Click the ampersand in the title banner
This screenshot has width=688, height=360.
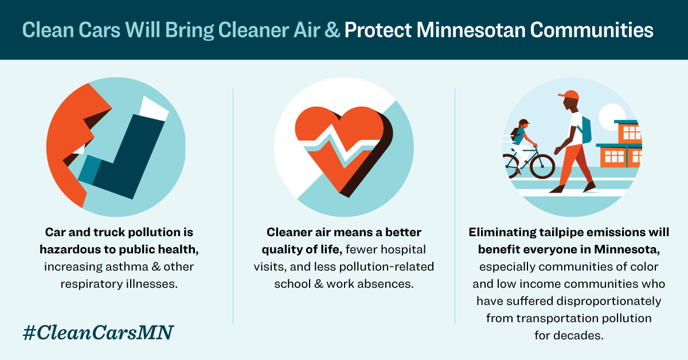pos(333,30)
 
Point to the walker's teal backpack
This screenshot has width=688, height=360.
pos(585,130)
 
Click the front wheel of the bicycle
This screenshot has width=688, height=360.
pos(542,165)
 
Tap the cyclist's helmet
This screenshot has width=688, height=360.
pos(523,123)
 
